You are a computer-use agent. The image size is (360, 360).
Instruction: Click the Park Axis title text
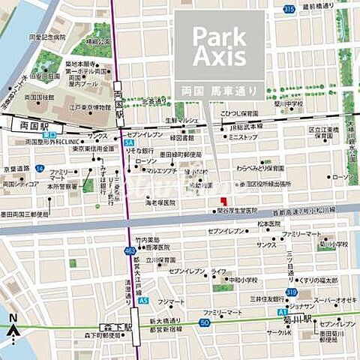219,46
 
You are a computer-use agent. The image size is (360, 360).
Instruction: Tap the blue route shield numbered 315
289,9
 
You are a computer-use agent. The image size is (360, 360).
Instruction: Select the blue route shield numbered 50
204,322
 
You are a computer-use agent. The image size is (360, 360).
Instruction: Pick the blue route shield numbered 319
290,292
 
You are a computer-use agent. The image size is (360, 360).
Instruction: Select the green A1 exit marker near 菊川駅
280,310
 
